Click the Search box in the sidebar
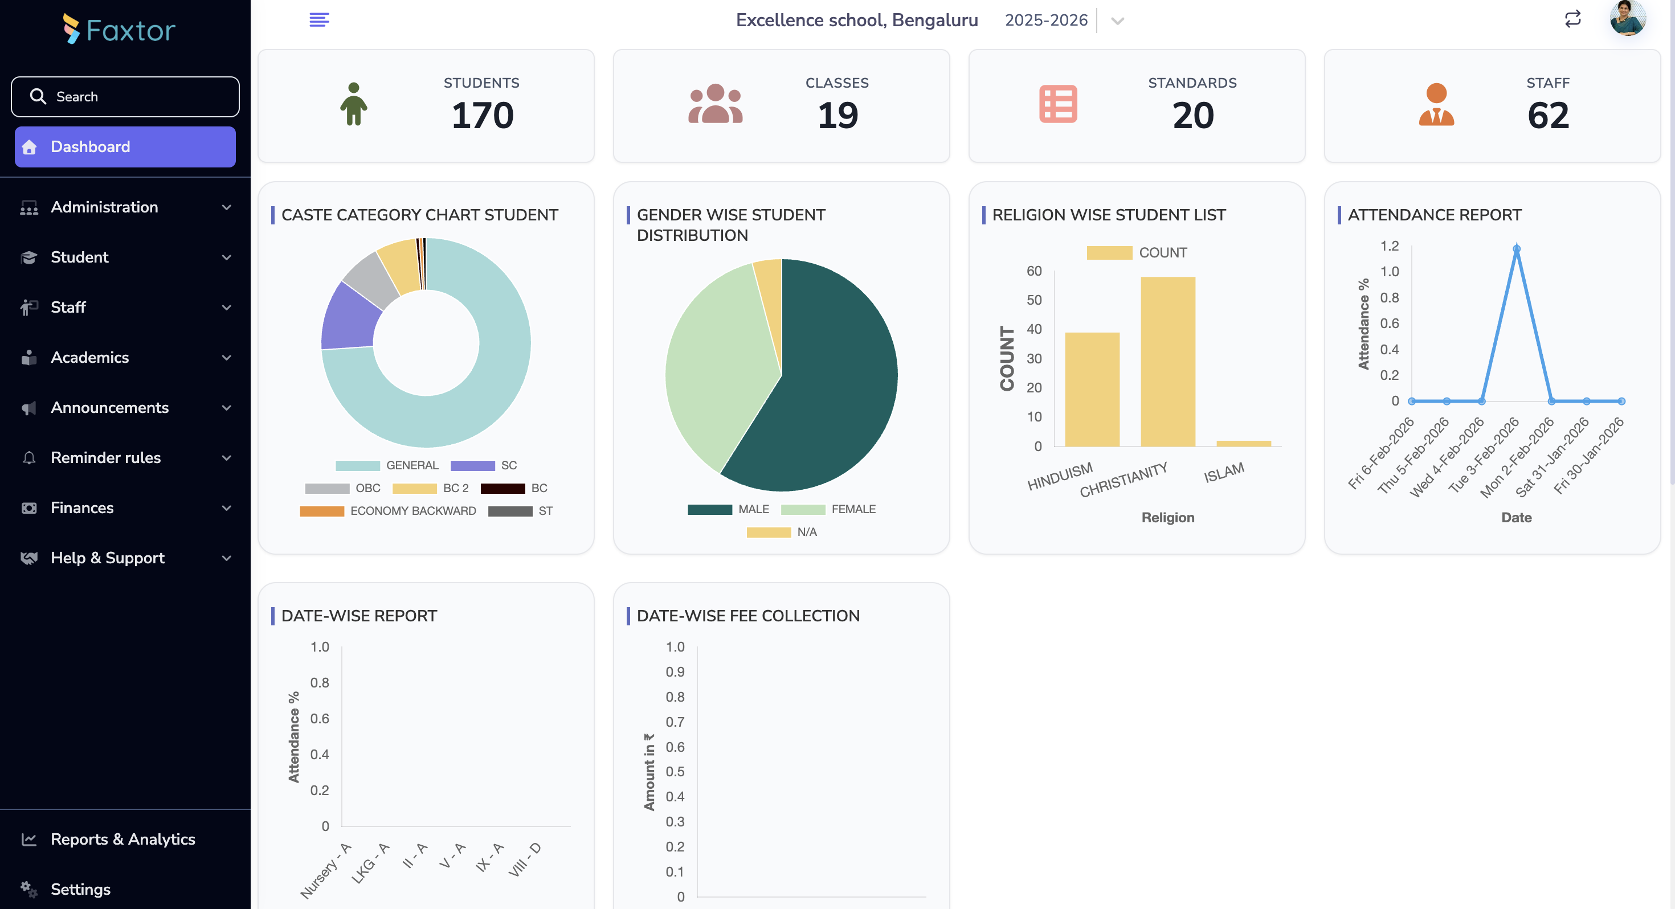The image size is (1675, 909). pyautogui.click(x=125, y=96)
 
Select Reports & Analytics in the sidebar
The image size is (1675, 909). pyautogui.click(x=122, y=839)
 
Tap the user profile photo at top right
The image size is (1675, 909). pyautogui.click(x=1627, y=18)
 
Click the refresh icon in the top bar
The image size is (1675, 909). pyautogui.click(x=1572, y=19)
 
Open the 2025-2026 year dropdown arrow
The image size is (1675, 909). pyautogui.click(x=1117, y=21)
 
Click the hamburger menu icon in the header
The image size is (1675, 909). pyautogui.click(x=318, y=19)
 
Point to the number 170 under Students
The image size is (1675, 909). pyautogui.click(x=483, y=115)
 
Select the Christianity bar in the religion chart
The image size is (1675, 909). pyautogui.click(x=1168, y=361)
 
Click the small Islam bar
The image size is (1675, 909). pyautogui.click(x=1243, y=444)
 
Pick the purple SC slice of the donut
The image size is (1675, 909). pyautogui.click(x=350, y=317)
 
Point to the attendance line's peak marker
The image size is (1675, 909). pyautogui.click(x=1517, y=249)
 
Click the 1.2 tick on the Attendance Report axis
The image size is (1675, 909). pyautogui.click(x=1389, y=246)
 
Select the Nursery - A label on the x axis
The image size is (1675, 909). pyautogui.click(x=326, y=871)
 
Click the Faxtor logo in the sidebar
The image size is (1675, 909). pyautogui.click(x=120, y=30)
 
